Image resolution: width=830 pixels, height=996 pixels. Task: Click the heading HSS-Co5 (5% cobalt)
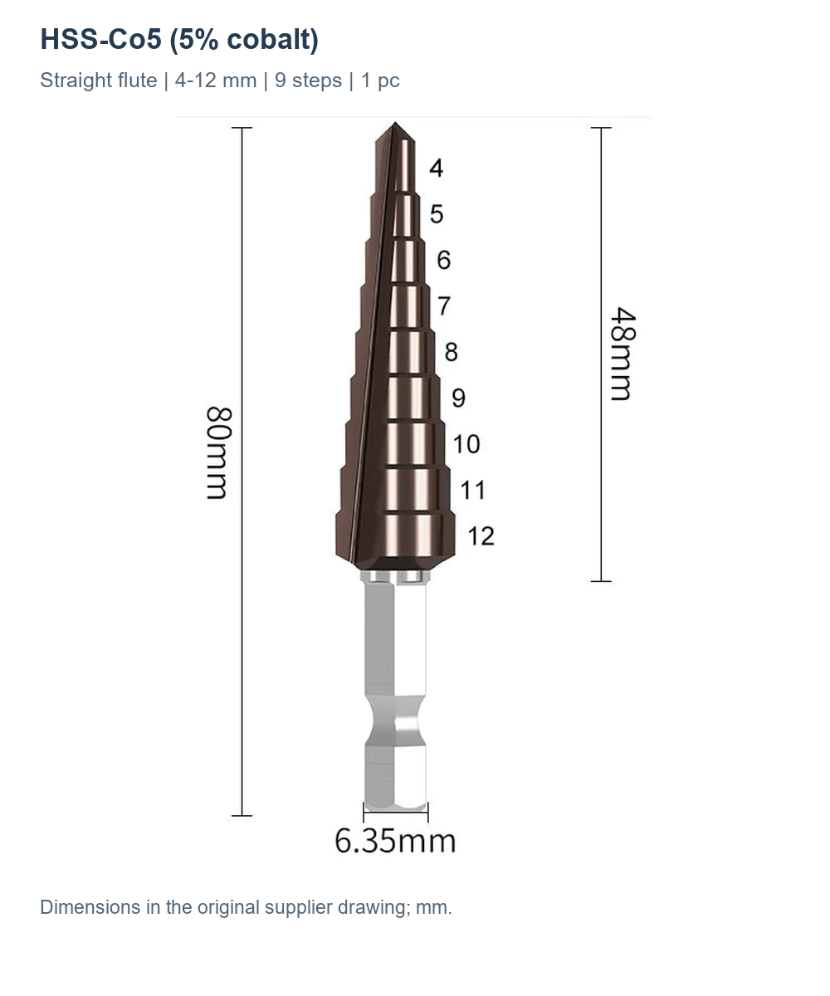pyautogui.click(x=179, y=39)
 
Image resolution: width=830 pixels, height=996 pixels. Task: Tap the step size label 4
pyautogui.click(x=436, y=168)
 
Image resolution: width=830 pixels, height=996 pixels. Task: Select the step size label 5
pyautogui.click(x=437, y=213)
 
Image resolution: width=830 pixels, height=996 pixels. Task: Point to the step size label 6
pyautogui.click(x=443, y=260)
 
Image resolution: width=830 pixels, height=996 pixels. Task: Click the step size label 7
pyautogui.click(x=444, y=305)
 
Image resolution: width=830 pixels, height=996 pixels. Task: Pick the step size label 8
pyautogui.click(x=452, y=352)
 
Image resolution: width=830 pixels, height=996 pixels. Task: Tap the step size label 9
pyautogui.click(x=458, y=398)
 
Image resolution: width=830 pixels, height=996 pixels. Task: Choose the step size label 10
pyautogui.click(x=466, y=444)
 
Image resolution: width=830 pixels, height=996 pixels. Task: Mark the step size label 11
pyautogui.click(x=473, y=490)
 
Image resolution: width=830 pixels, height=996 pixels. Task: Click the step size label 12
pyautogui.click(x=481, y=536)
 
